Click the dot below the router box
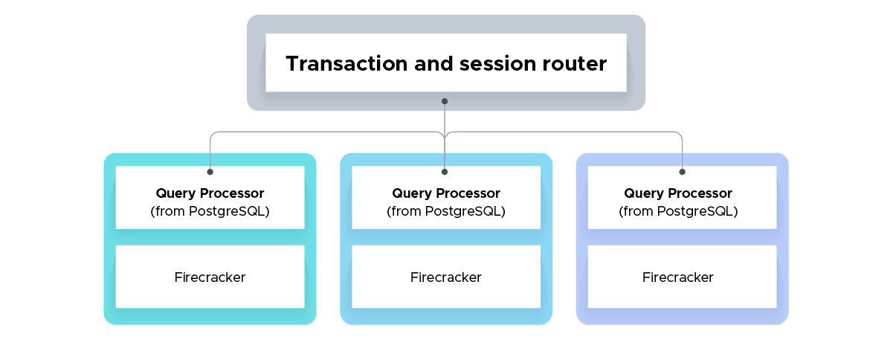pyautogui.click(x=445, y=100)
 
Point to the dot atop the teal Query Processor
pyautogui.click(x=210, y=172)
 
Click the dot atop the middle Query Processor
pyautogui.click(x=445, y=172)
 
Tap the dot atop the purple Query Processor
pyautogui.click(x=683, y=172)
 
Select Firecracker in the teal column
pyautogui.click(x=210, y=277)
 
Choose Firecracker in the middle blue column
pyautogui.click(x=446, y=277)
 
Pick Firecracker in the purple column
pyautogui.click(x=678, y=277)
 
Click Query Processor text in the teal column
pyautogui.click(x=210, y=193)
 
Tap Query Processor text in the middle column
pyautogui.click(x=446, y=193)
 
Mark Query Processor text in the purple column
pyautogui.click(x=678, y=193)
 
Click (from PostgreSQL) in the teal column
pyautogui.click(x=210, y=211)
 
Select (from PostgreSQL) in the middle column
pyautogui.click(x=446, y=211)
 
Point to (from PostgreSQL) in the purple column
pyautogui.click(x=678, y=211)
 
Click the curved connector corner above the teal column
pyautogui.click(x=213, y=135)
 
